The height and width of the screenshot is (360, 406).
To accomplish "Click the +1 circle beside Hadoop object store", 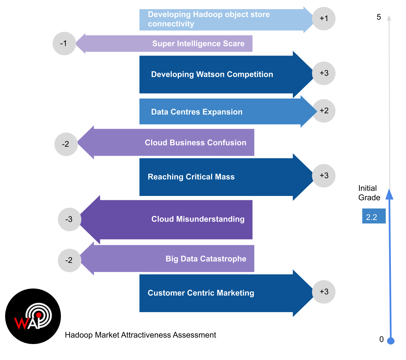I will [324, 19].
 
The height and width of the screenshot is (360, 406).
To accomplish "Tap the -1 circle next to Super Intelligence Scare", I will [64, 44].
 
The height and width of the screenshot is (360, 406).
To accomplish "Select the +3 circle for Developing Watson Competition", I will [324, 73].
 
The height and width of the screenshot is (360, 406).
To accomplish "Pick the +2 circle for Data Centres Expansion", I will [324, 111].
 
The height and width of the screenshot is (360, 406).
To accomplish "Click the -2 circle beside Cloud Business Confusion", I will [66, 144].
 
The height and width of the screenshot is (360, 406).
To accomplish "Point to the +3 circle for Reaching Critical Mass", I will [324, 176].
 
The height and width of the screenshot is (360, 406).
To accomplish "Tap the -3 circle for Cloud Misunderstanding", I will [69, 219].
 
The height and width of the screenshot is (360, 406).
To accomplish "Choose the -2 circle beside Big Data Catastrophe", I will [69, 260].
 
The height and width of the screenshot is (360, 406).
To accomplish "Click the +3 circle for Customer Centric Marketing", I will [324, 292].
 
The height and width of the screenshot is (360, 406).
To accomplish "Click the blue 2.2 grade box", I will [374, 216].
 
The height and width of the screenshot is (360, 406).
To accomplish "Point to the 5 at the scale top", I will [379, 17].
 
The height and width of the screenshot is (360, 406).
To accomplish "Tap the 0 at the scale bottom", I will [382, 339].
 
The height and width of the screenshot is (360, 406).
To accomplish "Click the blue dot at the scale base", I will [391, 341].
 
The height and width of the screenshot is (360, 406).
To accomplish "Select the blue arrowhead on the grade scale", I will [389, 194].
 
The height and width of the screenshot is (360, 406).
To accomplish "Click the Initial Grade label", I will [369, 193].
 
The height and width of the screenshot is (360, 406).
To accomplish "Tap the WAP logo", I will [34, 316].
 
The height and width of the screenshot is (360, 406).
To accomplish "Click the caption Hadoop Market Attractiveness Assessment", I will [140, 335].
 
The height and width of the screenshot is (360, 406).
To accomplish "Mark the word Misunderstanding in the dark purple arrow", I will [210, 219].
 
